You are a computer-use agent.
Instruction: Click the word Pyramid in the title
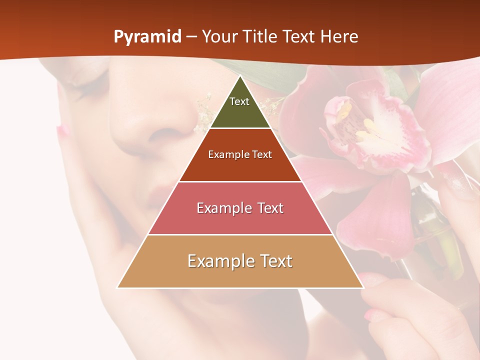(x=147, y=37)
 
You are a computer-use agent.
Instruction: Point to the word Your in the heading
(x=218, y=37)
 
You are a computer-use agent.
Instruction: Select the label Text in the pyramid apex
(x=239, y=101)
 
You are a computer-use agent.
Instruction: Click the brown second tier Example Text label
(x=240, y=154)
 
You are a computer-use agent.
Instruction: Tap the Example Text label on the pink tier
(x=240, y=208)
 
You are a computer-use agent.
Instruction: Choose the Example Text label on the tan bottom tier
(x=240, y=261)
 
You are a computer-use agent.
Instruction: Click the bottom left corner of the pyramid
(x=117, y=287)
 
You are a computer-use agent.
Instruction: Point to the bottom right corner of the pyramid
(x=363, y=287)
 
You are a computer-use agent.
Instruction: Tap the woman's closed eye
(x=92, y=80)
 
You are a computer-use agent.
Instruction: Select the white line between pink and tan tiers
(x=240, y=234)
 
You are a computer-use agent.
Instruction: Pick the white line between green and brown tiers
(x=240, y=128)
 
